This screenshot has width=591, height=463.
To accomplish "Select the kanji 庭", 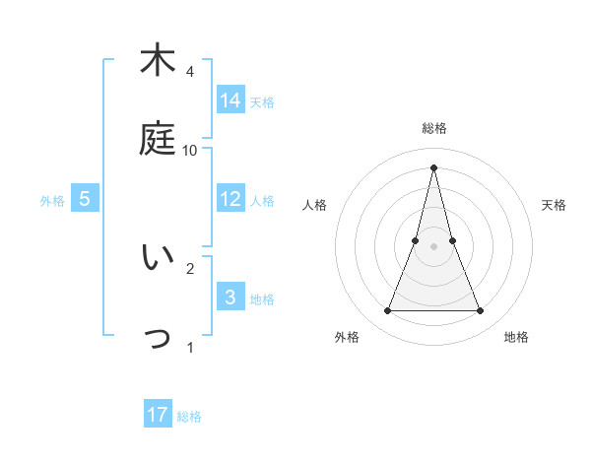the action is (158, 138).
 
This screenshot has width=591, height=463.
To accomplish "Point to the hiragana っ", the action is (158, 339).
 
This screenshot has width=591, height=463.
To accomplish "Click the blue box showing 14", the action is (230, 99).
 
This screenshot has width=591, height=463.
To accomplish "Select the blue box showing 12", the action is (230, 198).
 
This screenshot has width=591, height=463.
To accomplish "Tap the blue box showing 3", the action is (230, 297).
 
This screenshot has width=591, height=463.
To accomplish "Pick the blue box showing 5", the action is (85, 198).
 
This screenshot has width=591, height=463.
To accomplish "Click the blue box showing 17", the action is (158, 415).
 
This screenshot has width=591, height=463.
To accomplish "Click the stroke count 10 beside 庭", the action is (190, 150).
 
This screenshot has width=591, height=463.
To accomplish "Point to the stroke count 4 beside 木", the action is (189, 72).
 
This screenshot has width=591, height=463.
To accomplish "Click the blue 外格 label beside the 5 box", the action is (52, 201).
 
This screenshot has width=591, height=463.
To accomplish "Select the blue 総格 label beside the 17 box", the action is (189, 417).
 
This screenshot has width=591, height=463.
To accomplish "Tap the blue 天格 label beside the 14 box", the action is (262, 102).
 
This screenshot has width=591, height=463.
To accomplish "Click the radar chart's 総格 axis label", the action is (434, 128).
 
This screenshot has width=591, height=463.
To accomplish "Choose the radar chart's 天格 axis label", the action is (555, 205).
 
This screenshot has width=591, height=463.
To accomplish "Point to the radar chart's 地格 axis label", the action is (516, 337).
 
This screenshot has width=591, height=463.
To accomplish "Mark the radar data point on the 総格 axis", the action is (433, 167).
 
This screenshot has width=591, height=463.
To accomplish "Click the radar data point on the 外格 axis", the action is (387, 311).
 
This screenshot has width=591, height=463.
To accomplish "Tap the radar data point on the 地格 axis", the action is (480, 311).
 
